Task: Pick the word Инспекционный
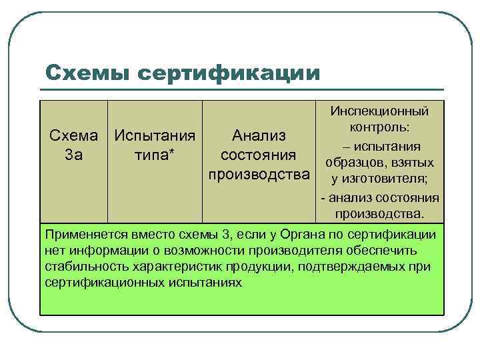(x=379, y=111)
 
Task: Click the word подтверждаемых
(x=365, y=267)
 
